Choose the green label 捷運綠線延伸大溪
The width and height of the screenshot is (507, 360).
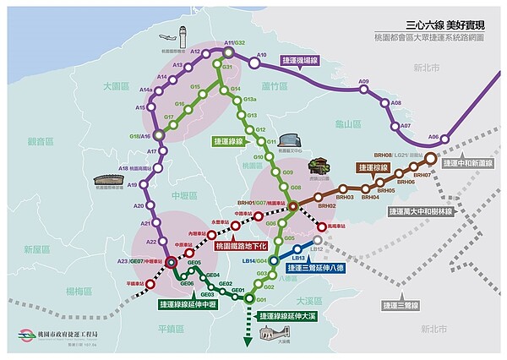(x=290, y=316)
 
